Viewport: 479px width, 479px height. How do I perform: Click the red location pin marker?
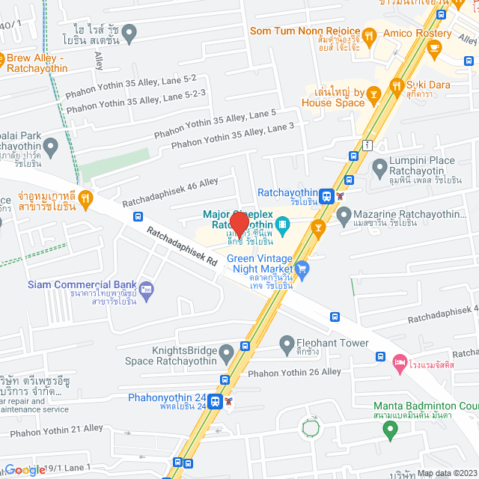tap(239, 224)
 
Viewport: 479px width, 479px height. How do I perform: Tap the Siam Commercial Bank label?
tap(82, 284)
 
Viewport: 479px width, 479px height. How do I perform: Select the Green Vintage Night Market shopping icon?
tap(302, 267)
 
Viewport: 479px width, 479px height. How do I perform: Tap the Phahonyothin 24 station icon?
tap(216, 401)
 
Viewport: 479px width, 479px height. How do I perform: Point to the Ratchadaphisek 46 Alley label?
tap(170, 192)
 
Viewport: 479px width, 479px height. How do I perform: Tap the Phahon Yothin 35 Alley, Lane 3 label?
tap(233, 137)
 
